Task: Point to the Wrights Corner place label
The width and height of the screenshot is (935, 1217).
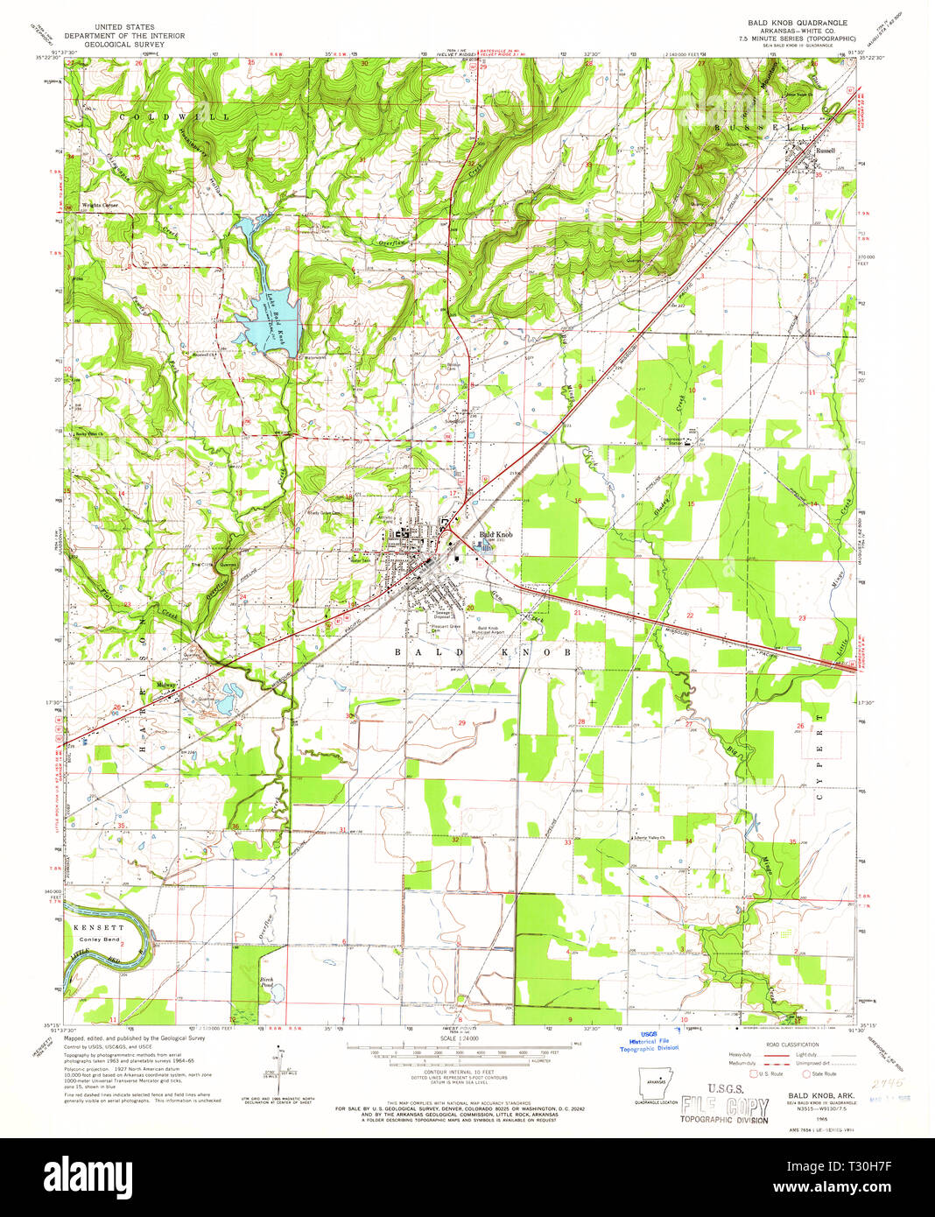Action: point(100,205)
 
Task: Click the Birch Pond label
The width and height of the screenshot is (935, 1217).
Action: point(266,982)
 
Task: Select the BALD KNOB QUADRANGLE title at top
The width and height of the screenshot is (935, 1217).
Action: point(797,22)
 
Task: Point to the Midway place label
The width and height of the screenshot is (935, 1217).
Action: point(165,684)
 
